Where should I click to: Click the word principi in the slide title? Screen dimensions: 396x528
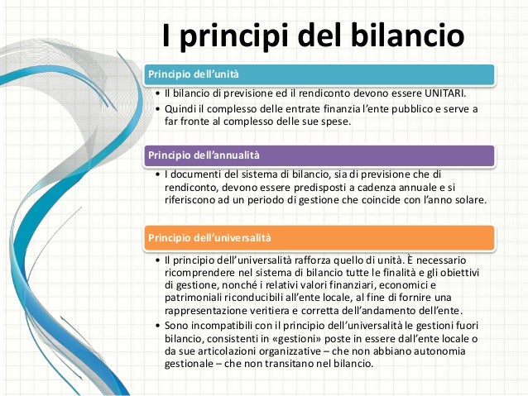(233, 37)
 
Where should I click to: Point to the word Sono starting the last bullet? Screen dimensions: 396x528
(178, 326)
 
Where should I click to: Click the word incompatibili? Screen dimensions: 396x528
(228, 326)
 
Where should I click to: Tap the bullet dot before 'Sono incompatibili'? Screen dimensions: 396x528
(157, 327)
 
